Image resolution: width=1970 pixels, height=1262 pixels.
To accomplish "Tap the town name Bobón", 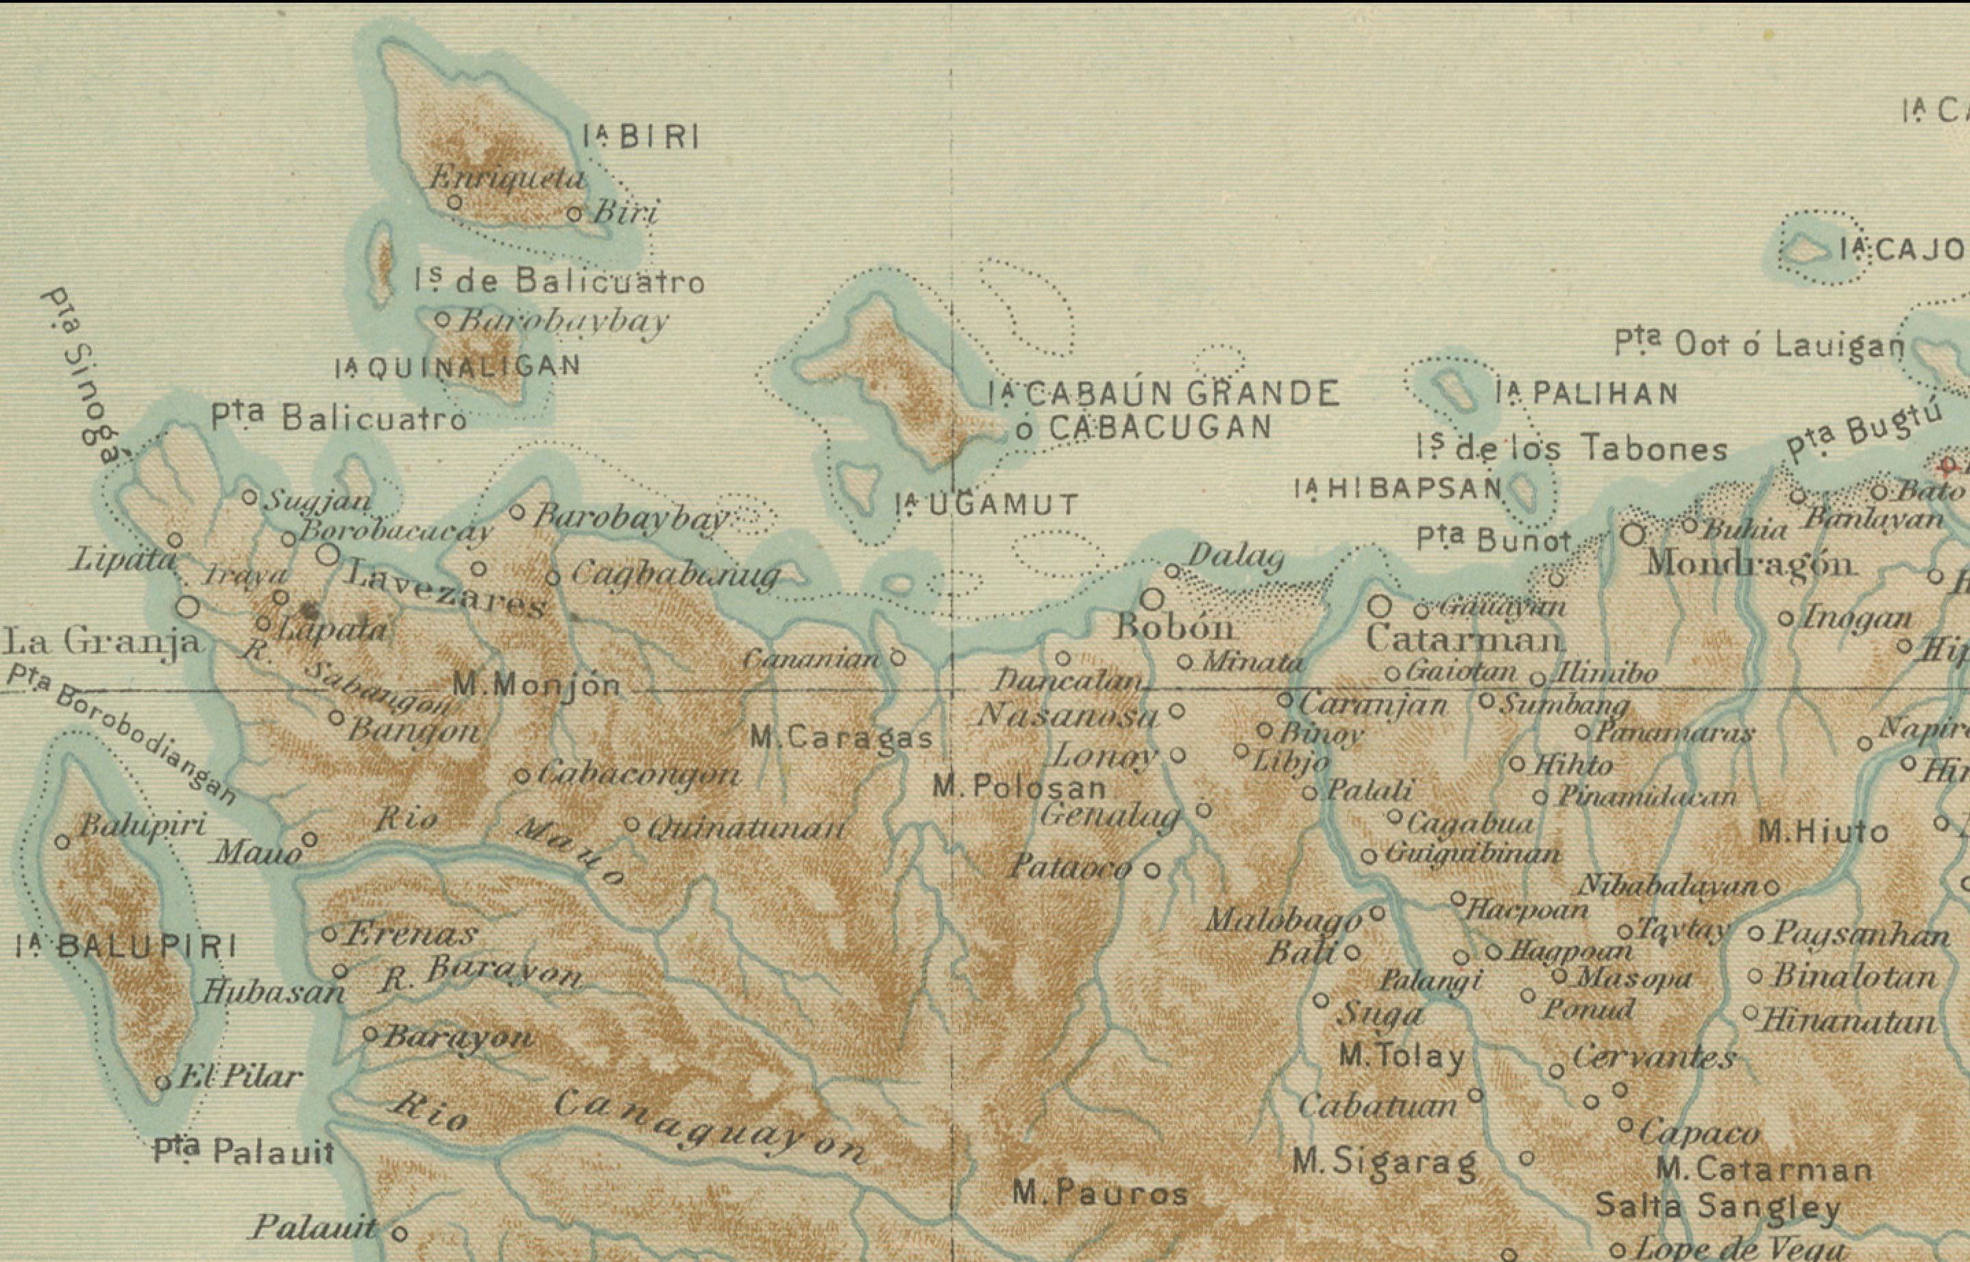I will pyautogui.click(x=1174, y=628).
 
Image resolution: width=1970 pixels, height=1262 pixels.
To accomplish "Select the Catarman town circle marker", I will pyautogui.click(x=1380, y=606).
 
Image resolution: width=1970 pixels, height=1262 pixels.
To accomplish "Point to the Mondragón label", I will pyautogui.click(x=1751, y=563).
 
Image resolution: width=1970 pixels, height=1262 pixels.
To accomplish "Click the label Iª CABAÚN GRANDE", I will pyautogui.click(x=1163, y=394).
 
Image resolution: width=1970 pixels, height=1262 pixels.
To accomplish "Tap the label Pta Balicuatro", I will pyautogui.click(x=339, y=419).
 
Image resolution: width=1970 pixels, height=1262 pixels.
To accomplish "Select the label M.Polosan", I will pyautogui.click(x=1019, y=787).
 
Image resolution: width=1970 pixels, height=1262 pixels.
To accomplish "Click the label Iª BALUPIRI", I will pyautogui.click(x=126, y=948).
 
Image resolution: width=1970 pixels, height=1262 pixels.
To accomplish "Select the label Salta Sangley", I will pyautogui.click(x=1718, y=1207).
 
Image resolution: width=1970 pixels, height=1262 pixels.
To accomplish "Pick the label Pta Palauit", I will pyautogui.click(x=243, y=1152).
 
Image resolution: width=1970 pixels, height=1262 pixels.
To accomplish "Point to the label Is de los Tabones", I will pyautogui.click(x=1572, y=448).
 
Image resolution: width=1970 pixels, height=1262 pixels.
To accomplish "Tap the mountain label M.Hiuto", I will pyautogui.click(x=1823, y=833).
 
